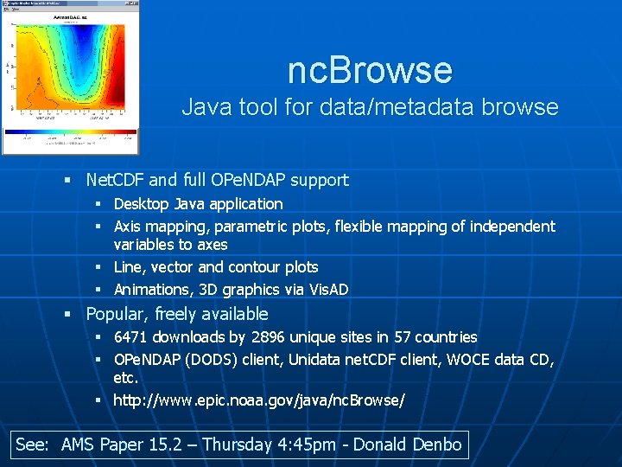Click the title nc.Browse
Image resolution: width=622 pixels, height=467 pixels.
[x=370, y=70]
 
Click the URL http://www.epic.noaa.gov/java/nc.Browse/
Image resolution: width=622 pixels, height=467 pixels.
[x=259, y=400]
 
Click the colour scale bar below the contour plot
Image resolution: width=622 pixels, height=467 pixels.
[x=70, y=134]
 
